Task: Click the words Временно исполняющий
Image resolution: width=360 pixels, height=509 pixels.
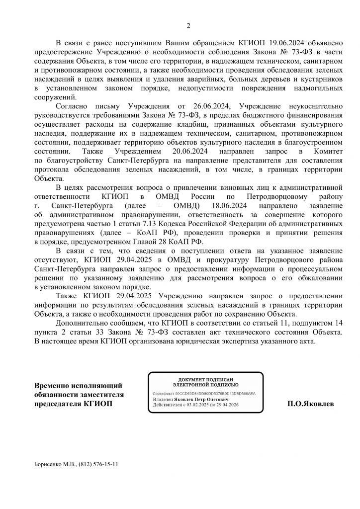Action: pos(78,385)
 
